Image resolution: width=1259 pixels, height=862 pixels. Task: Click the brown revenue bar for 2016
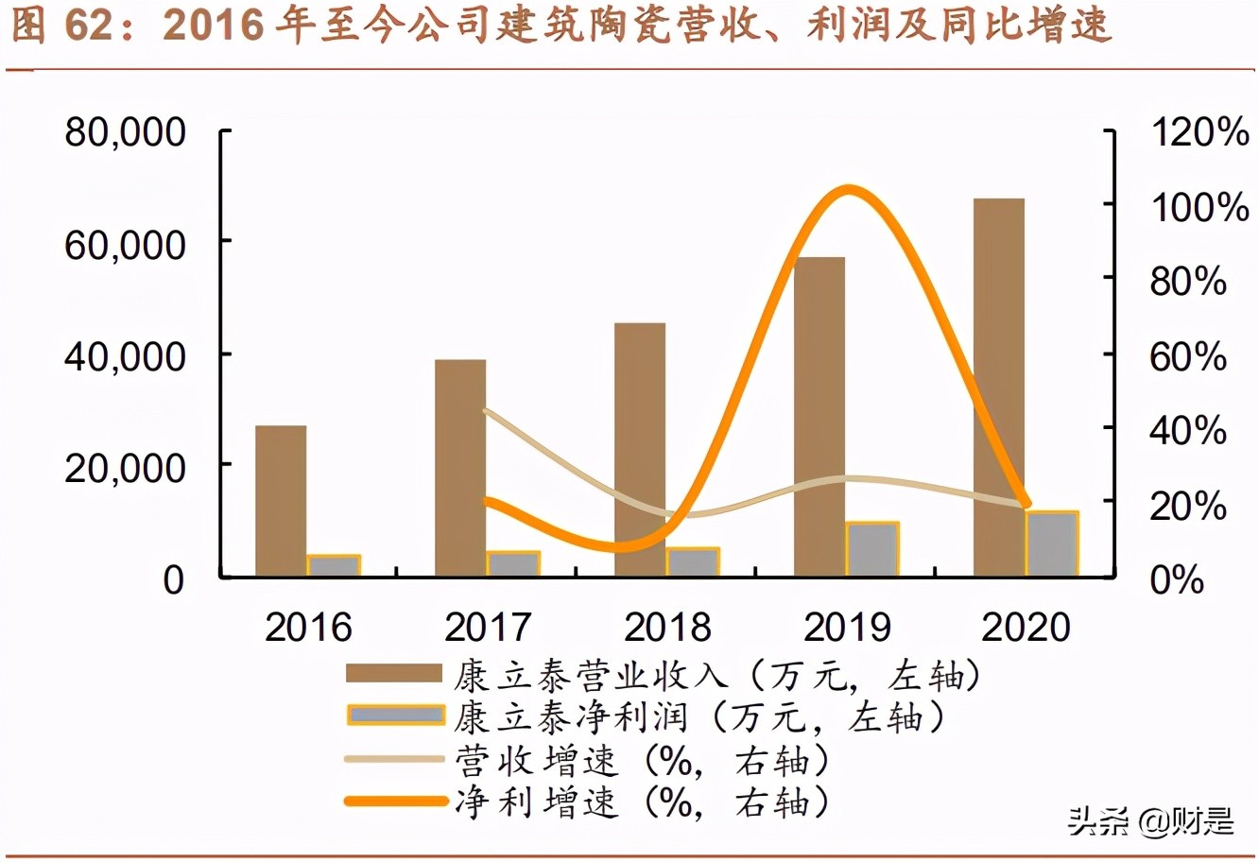coord(281,501)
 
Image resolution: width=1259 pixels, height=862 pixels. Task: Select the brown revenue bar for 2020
coord(999,388)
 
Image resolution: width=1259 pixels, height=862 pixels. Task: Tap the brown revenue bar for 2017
coord(460,468)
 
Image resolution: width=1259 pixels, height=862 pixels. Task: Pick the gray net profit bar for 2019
coord(872,549)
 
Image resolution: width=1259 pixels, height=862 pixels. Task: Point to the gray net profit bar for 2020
coord(1052,543)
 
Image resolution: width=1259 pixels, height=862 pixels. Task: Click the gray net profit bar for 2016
coord(334,565)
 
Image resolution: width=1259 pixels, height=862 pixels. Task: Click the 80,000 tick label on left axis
coord(125,132)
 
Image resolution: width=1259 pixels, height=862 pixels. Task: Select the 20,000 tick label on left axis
coord(125,467)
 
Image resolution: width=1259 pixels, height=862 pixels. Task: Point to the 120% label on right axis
coord(1199,132)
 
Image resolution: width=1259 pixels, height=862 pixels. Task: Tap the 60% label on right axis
coord(1188,356)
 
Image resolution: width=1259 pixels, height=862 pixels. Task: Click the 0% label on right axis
coord(1177,579)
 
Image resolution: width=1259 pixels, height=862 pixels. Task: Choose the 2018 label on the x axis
coord(667,628)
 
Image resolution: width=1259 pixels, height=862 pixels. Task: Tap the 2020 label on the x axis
coord(1026,628)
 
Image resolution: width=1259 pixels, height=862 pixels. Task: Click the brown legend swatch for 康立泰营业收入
coord(393,674)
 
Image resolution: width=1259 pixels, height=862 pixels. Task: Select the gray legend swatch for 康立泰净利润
coord(395,715)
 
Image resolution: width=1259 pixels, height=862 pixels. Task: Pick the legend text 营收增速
coord(536,761)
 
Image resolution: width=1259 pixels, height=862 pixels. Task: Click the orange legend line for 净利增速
coord(395,802)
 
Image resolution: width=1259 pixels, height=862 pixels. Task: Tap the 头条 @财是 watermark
coord(1150,820)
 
